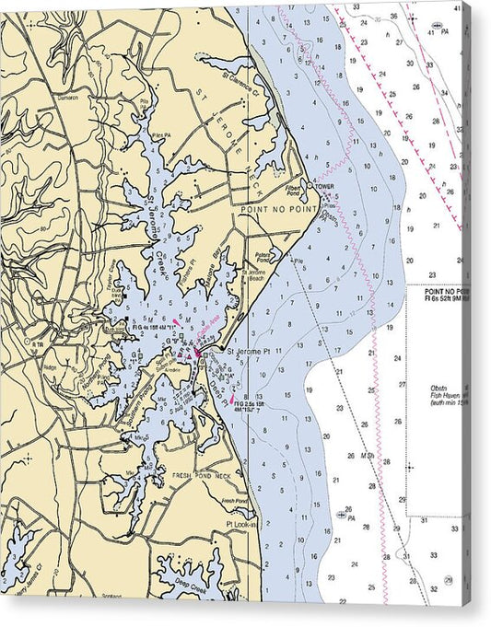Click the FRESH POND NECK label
pyautogui.click(x=205, y=476)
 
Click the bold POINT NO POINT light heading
pyautogui.click(x=446, y=292)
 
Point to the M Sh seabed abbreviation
pyautogui.click(x=367, y=455)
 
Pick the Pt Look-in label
pyautogui.click(x=242, y=524)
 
